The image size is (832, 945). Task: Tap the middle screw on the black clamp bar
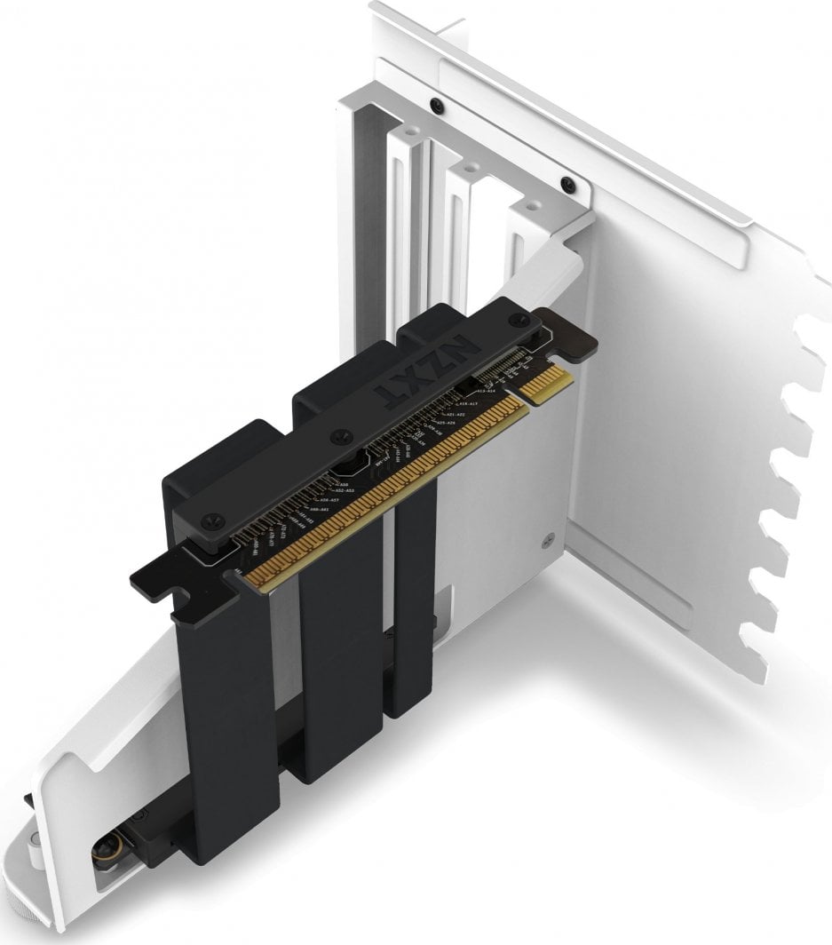(337, 437)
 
